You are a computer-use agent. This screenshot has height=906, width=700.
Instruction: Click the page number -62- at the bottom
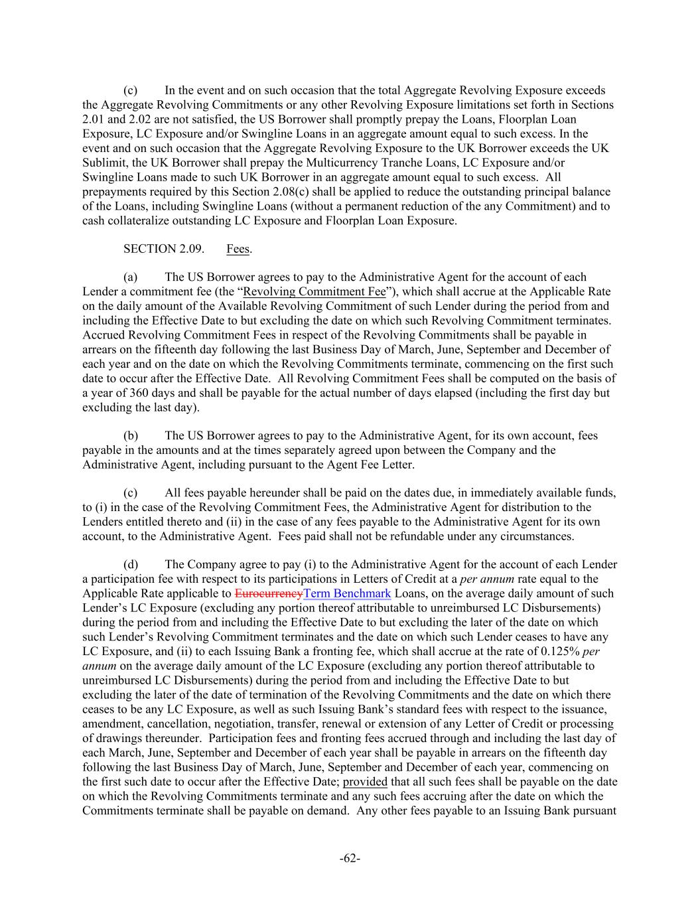[x=350, y=859]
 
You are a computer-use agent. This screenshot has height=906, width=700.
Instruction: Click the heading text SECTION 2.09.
[x=159, y=249]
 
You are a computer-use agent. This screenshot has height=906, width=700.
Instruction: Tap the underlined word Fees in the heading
[x=238, y=249]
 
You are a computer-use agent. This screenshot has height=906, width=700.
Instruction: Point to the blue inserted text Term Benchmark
[x=347, y=593]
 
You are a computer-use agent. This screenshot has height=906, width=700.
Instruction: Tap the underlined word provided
[x=365, y=781]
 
